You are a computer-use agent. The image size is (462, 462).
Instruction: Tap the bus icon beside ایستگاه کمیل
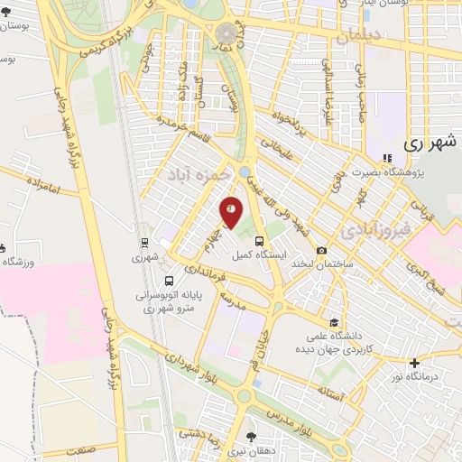[260, 242]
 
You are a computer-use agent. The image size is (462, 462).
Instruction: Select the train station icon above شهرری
[143, 242]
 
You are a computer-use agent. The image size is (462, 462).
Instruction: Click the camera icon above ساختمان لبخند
[322, 250]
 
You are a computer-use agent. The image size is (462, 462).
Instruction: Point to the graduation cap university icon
[334, 322]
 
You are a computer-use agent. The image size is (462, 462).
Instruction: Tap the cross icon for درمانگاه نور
[413, 364]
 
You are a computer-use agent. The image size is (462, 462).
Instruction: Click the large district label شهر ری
[427, 143]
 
